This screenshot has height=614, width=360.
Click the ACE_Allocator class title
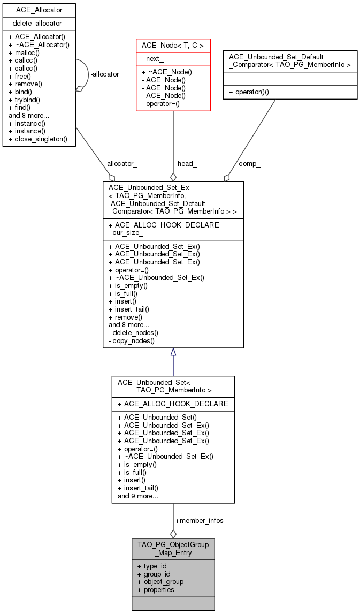(39, 10)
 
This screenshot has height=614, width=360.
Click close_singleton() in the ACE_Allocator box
(38, 139)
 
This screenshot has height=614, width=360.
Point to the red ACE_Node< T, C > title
(172, 46)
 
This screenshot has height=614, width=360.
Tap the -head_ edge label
(186, 164)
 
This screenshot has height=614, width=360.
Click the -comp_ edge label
(248, 164)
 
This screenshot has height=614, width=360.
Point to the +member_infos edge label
(199, 520)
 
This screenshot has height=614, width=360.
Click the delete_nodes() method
(133, 332)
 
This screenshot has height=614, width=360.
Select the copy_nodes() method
(131, 340)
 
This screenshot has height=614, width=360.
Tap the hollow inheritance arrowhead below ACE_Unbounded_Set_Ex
(173, 352)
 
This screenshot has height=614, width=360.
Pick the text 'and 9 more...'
(138, 496)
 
